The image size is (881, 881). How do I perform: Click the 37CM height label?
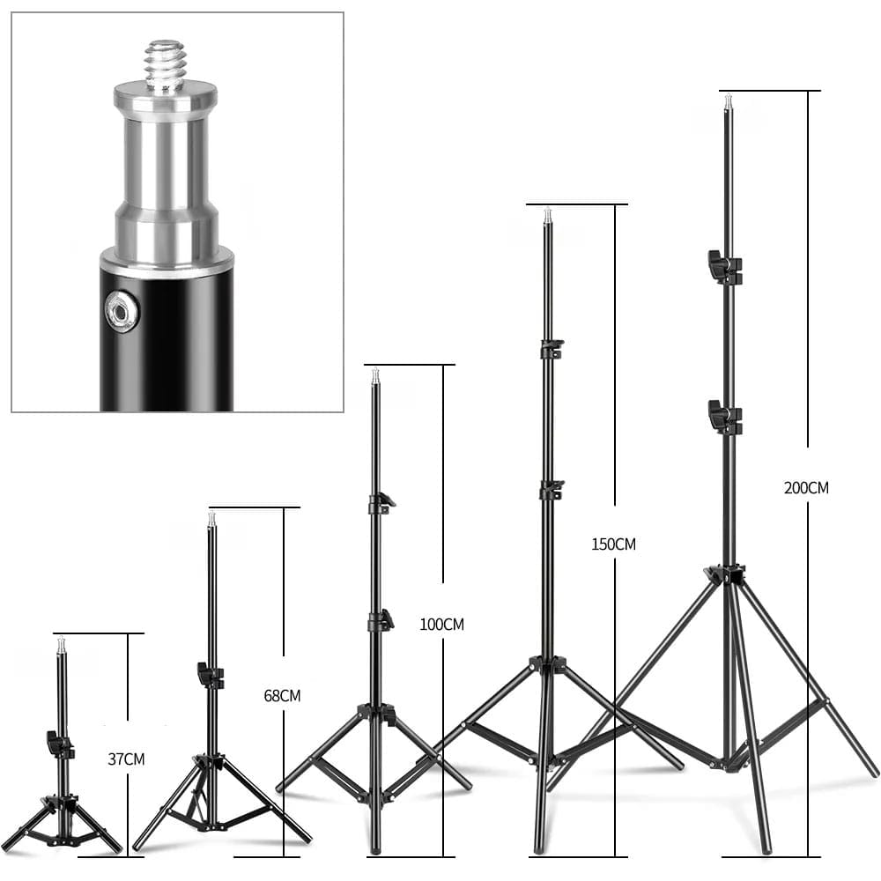(126, 759)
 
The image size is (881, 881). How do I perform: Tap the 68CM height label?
(282, 696)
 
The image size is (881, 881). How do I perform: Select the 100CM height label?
(441, 625)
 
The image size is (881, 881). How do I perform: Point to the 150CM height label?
(613, 544)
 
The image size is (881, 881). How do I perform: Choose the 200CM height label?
(806, 488)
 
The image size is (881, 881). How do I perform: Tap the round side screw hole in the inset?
(122, 311)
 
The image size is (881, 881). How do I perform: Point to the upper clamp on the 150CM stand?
(552, 349)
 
